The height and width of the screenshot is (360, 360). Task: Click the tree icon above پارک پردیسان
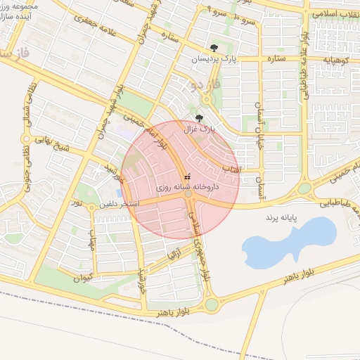pos(214,49)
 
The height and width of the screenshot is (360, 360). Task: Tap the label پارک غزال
pos(199,129)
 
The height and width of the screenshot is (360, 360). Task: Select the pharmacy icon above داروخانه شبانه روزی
pos(186,177)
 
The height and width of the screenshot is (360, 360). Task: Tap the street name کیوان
pos(83,278)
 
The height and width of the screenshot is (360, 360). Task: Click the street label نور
pos(77,202)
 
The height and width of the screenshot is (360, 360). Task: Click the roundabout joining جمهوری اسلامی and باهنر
pos(212,304)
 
